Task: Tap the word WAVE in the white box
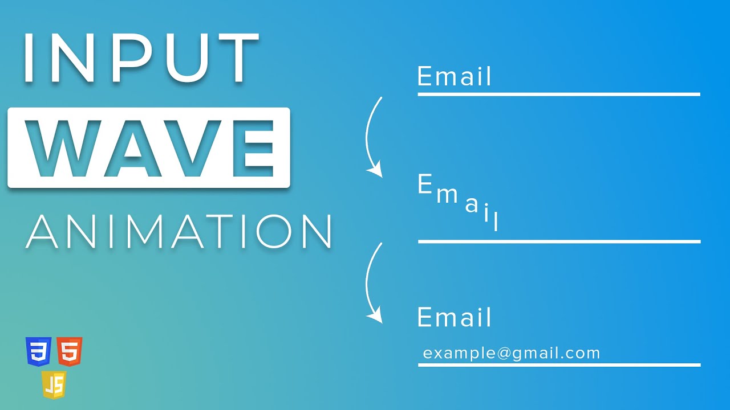click(148, 149)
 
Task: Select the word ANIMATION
click(179, 231)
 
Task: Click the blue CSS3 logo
click(39, 352)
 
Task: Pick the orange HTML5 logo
click(70, 352)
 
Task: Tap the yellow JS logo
click(54, 385)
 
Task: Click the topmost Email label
click(454, 77)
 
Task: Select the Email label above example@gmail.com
click(454, 317)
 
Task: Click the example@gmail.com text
click(512, 353)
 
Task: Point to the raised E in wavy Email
click(424, 185)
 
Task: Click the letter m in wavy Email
click(447, 195)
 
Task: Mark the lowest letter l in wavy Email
click(496, 221)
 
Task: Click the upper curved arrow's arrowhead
click(375, 170)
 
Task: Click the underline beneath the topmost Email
click(559, 94)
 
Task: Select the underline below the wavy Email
click(559, 241)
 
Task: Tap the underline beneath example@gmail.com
click(559, 365)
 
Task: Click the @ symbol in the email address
click(504, 354)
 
